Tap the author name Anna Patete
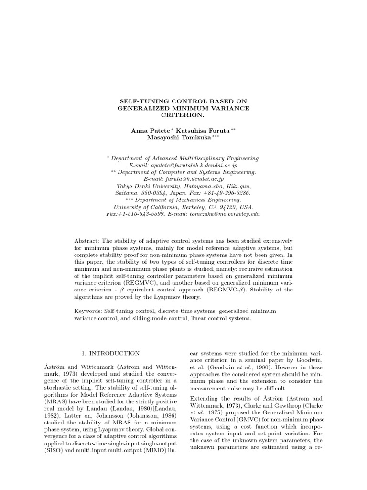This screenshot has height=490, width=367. click(x=148, y=130)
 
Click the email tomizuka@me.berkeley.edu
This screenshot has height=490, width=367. click(x=228, y=214)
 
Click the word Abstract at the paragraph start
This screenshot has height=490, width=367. click(x=86, y=240)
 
